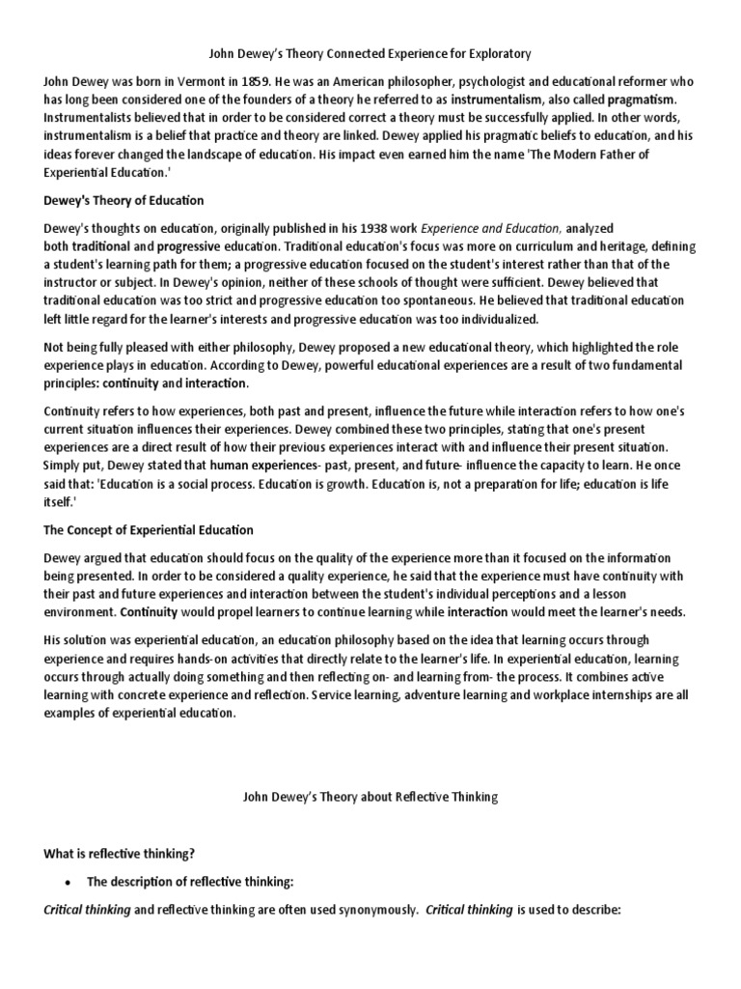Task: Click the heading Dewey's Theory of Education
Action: coord(123,200)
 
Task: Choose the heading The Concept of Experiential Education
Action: coord(149,529)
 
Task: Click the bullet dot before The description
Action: coord(67,882)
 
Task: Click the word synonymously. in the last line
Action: coord(372,911)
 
